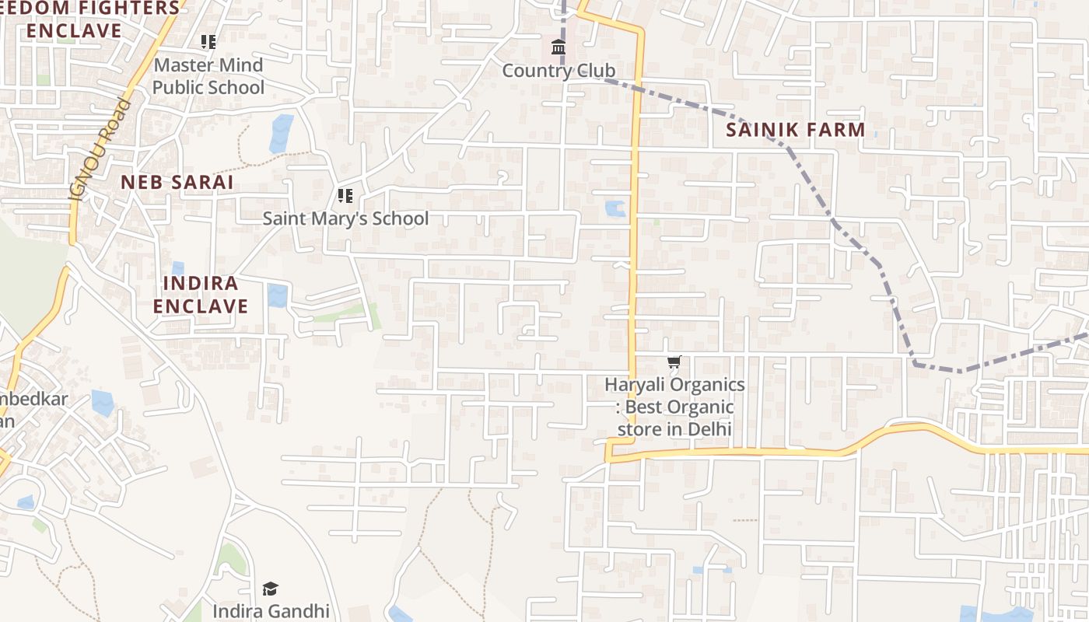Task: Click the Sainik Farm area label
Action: coord(795,130)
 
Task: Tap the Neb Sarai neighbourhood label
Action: coord(177,182)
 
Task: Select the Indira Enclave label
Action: coord(200,295)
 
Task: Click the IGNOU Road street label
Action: coord(100,149)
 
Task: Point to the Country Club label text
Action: coord(558,71)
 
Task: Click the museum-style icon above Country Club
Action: coord(558,48)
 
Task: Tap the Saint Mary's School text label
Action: coord(345,218)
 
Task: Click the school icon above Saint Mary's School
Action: coord(345,196)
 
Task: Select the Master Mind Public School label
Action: coord(208,76)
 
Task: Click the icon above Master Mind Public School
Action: coord(208,42)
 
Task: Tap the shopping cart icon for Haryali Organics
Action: coord(674,362)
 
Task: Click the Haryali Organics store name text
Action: coord(674,407)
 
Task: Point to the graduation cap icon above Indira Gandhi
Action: coord(270,589)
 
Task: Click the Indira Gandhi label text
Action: coord(271,611)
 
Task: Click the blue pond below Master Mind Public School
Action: coord(281,133)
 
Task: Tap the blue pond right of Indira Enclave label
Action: coord(277,295)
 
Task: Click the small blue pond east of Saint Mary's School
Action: coord(615,208)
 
